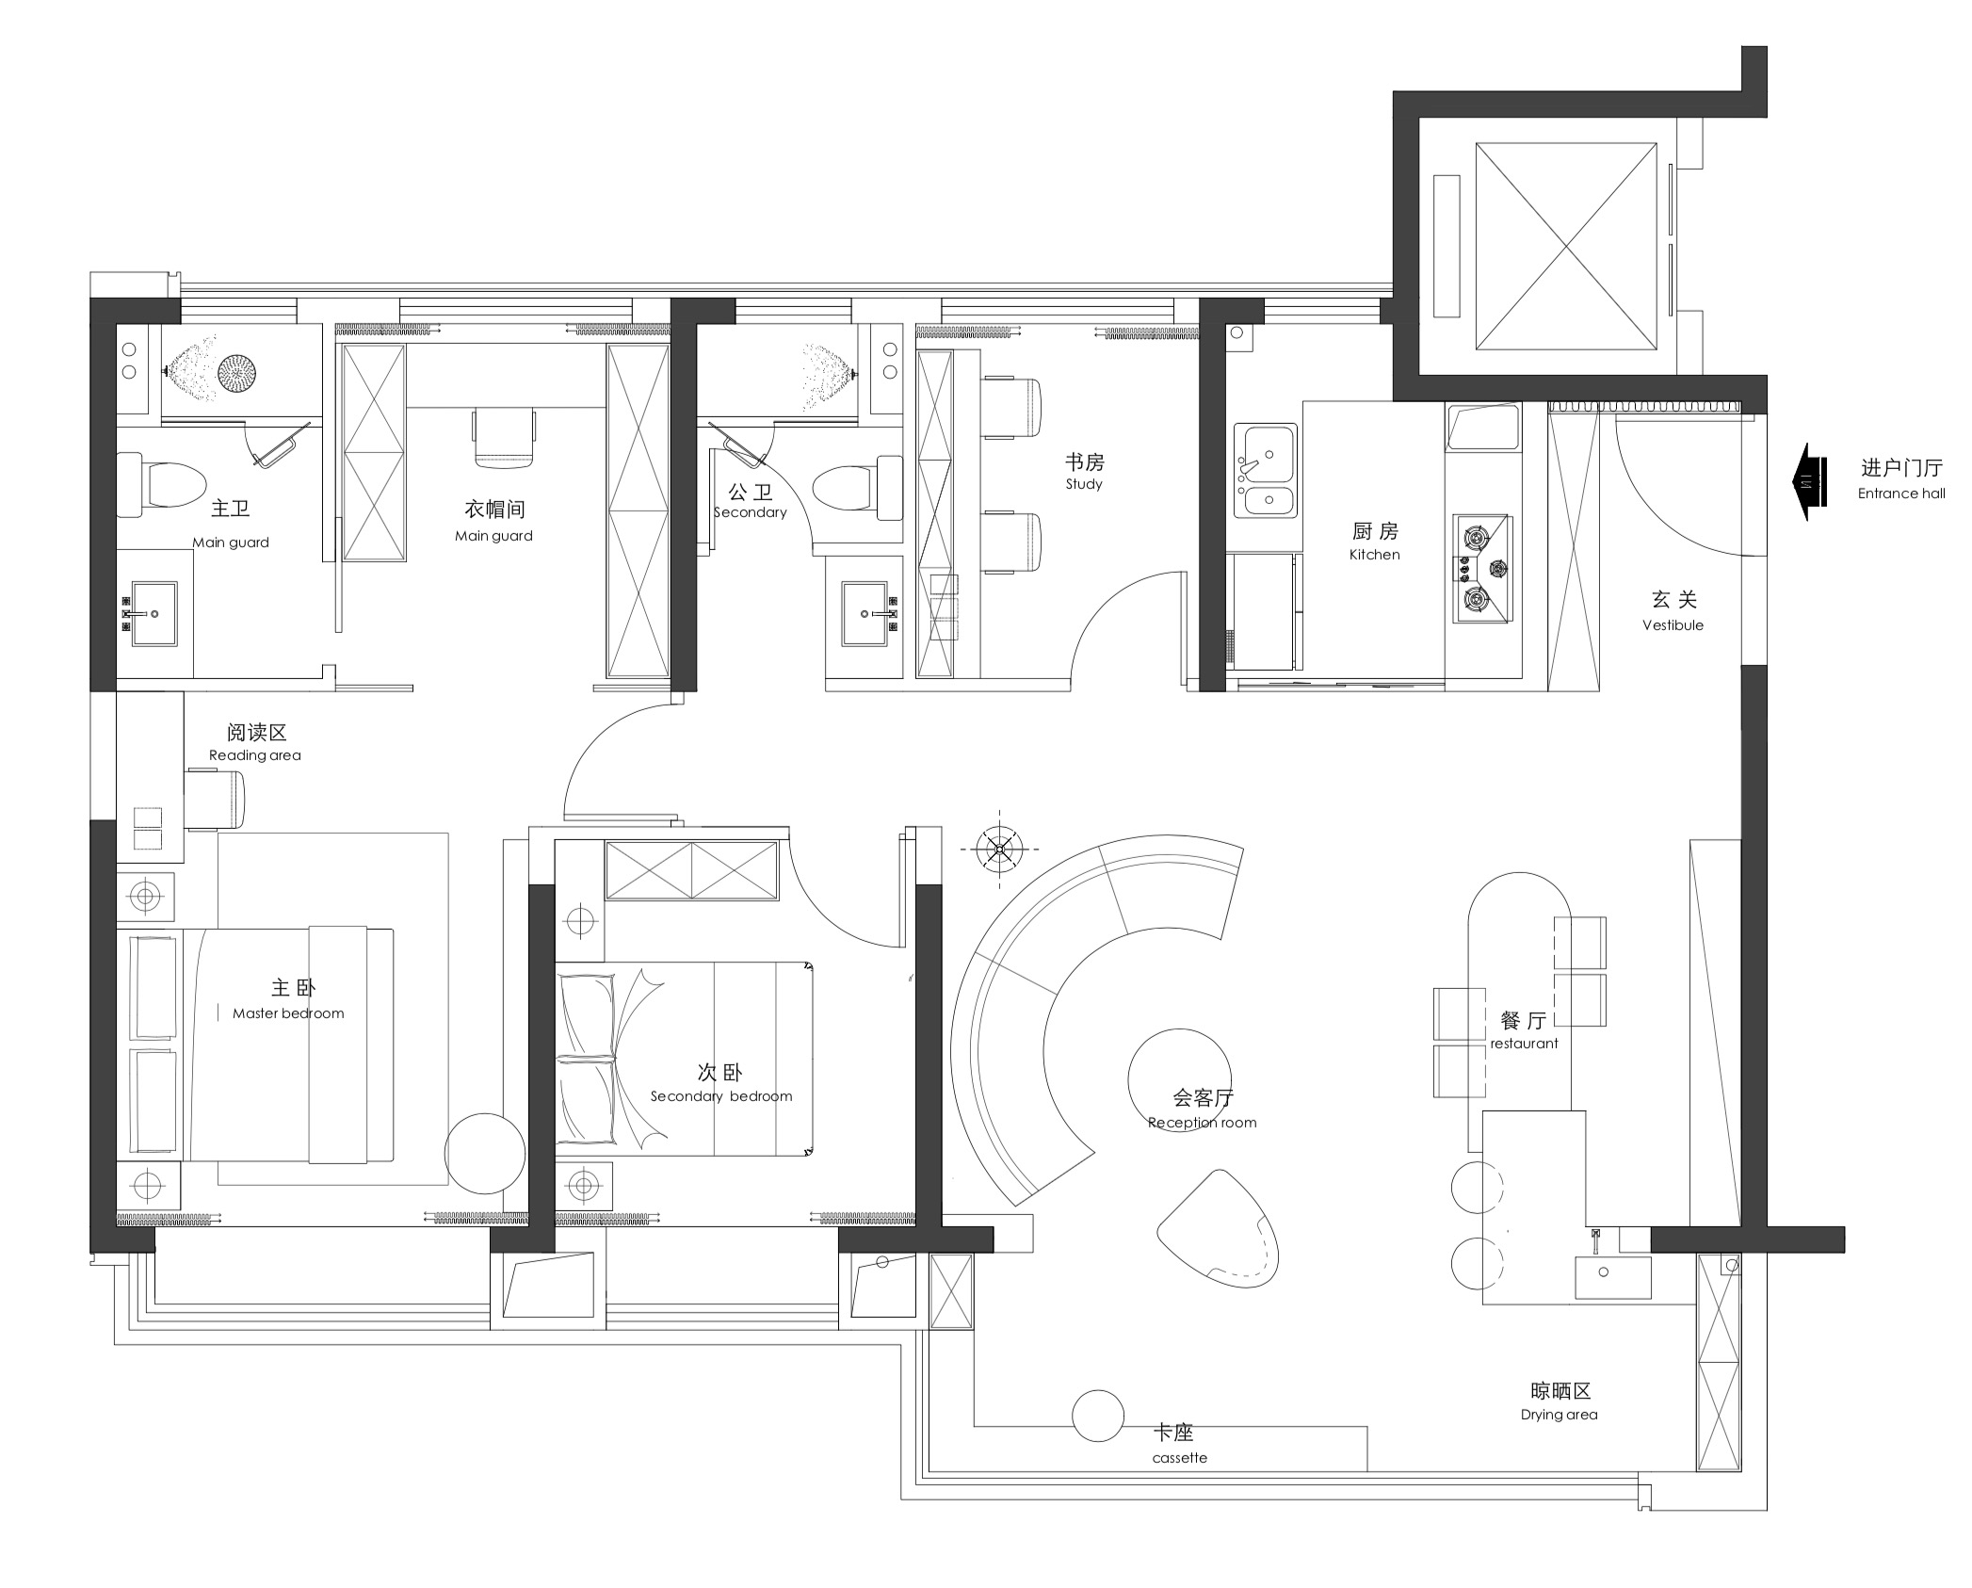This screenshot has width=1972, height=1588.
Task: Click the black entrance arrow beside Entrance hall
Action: point(1809,482)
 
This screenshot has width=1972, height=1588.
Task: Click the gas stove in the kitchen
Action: point(1481,568)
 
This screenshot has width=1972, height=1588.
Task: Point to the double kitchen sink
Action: point(1266,471)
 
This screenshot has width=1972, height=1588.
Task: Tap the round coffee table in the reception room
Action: point(1179,1077)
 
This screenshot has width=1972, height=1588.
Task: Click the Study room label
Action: point(1084,471)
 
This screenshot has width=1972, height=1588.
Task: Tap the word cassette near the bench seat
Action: point(1179,1457)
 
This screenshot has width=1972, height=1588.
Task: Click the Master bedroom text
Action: point(288,1013)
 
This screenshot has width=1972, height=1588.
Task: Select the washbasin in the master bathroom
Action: point(154,613)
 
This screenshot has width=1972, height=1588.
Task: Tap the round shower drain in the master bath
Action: point(236,373)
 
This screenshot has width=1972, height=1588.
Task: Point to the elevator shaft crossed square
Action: point(1566,246)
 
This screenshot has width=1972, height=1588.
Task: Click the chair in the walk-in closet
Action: point(504,437)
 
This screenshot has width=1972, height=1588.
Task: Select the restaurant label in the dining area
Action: point(1524,1044)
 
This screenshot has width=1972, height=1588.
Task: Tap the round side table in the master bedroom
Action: point(485,1154)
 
